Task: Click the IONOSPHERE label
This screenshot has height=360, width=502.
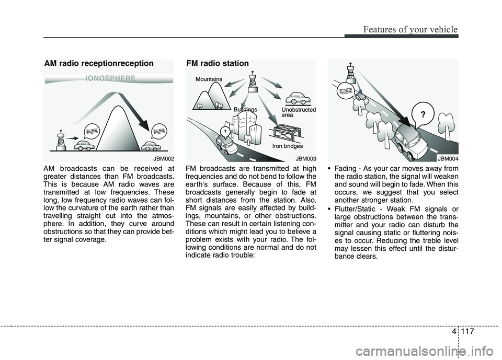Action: [110, 78]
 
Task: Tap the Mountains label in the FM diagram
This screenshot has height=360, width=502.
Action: [209, 79]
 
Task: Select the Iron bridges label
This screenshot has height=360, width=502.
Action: [288, 146]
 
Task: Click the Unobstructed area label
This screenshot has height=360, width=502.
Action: [299, 112]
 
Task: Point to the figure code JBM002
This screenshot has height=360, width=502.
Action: [164, 158]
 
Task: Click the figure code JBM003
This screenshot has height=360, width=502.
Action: [306, 158]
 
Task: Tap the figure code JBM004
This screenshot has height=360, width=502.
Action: [448, 158]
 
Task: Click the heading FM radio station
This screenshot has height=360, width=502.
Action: [218, 63]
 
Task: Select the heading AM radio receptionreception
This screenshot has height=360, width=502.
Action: [99, 63]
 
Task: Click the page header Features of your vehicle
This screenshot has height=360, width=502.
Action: [410, 29]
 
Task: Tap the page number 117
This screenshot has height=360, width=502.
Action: [467, 331]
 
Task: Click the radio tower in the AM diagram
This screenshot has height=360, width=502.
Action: [61, 140]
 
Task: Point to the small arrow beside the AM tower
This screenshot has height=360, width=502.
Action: [73, 138]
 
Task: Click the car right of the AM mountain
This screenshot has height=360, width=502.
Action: [151, 146]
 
